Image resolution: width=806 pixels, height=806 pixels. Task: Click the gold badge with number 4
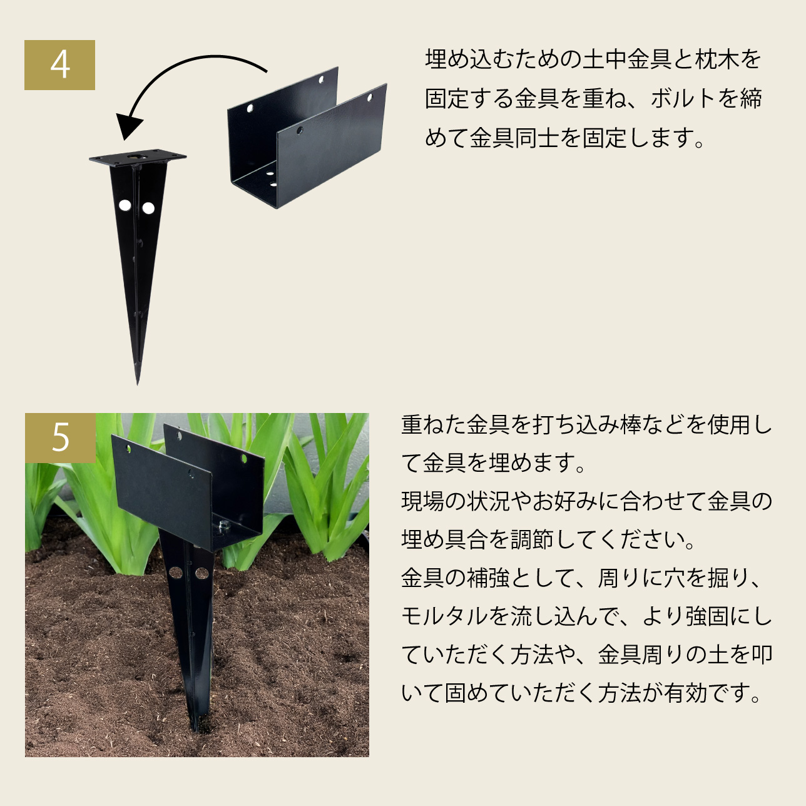pyautogui.click(x=59, y=65)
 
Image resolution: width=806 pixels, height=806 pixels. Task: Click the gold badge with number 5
pyautogui.click(x=60, y=438)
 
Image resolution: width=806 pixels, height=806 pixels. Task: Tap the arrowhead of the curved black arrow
pyautogui.click(x=128, y=126)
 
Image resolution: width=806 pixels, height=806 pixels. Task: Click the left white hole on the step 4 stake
pyautogui.click(x=125, y=205)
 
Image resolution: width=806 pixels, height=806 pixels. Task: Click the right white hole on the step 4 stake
pyautogui.click(x=148, y=208)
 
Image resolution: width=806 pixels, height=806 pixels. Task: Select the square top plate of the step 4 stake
pyautogui.click(x=138, y=157)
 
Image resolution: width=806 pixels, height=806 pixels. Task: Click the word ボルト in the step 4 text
pyautogui.click(x=685, y=98)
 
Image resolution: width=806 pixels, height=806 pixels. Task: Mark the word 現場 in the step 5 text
pyautogui.click(x=423, y=501)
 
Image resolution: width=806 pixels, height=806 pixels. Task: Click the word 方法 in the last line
pyautogui.click(x=620, y=693)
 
